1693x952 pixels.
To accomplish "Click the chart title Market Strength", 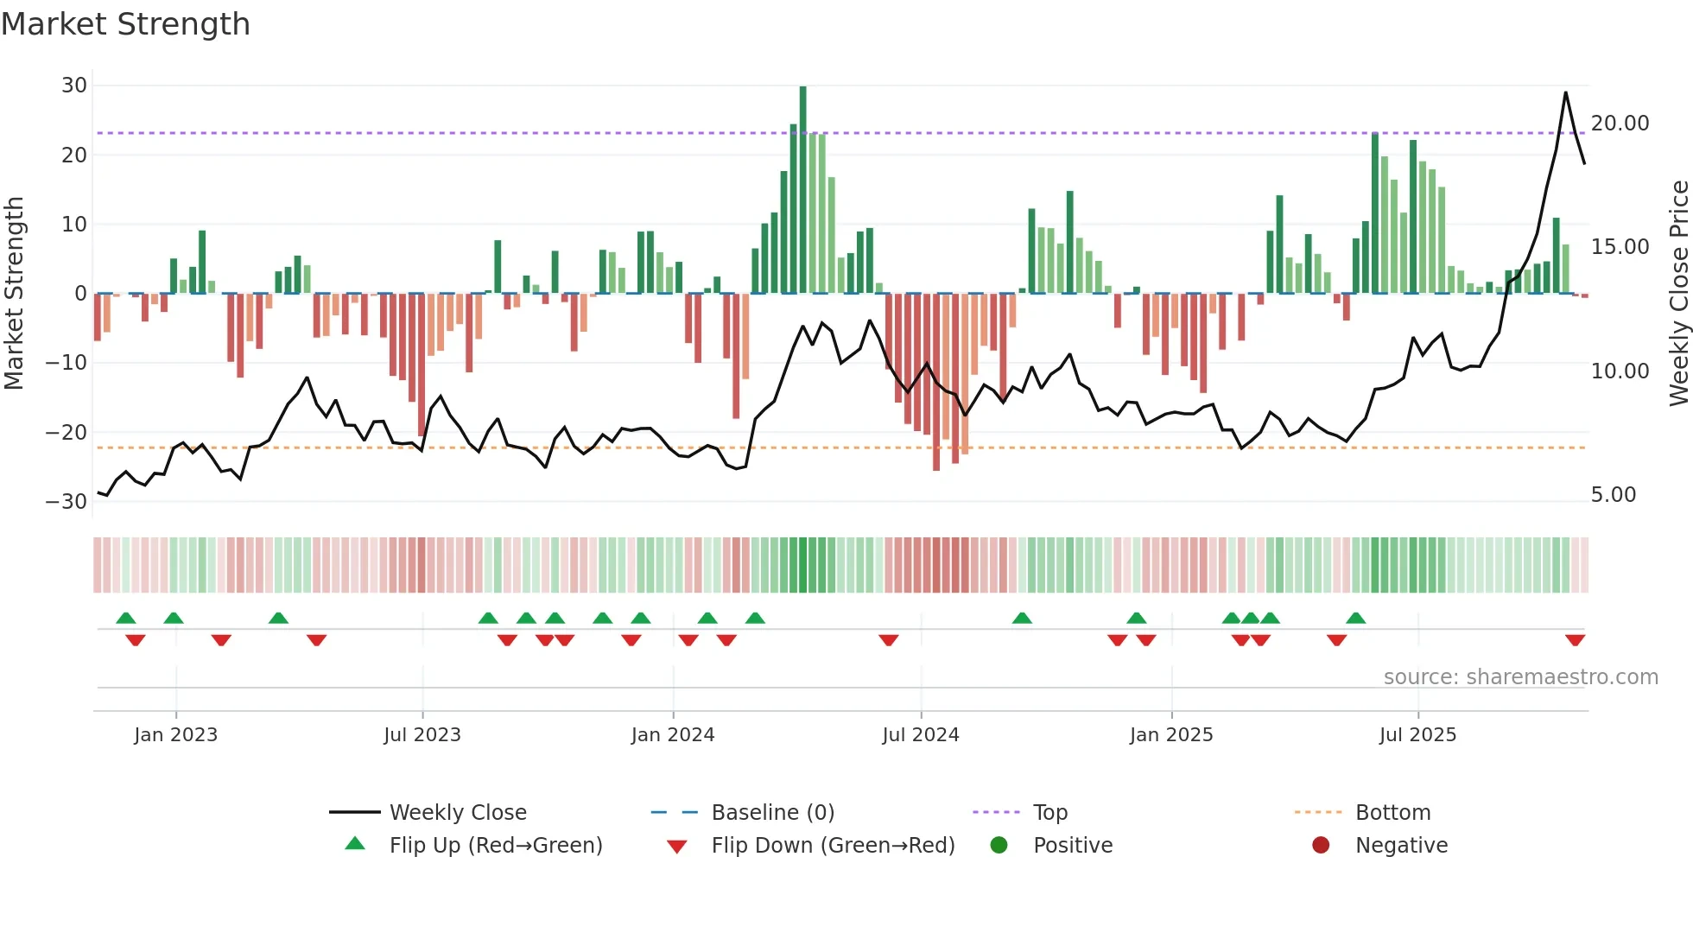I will pos(125,24).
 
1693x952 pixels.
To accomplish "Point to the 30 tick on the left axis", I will pos(74,86).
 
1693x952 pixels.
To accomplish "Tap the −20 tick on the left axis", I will pos(67,433).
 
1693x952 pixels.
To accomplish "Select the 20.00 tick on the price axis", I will pos(1620,124).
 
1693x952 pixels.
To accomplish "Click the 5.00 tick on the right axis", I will pos(1613,495).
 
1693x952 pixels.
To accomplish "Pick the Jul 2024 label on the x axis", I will pos(920,735).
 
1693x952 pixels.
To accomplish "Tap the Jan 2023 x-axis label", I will pos(175,735).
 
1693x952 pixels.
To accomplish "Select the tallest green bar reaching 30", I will pos(802,190).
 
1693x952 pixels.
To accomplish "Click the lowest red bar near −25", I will pos(936,382).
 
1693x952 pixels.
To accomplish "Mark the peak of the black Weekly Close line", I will pos(1565,93).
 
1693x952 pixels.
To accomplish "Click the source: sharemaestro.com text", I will pos(1520,677).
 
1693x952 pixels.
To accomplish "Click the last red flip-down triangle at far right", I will pos(1575,640).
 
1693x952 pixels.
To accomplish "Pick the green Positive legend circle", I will pos(999,846).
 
